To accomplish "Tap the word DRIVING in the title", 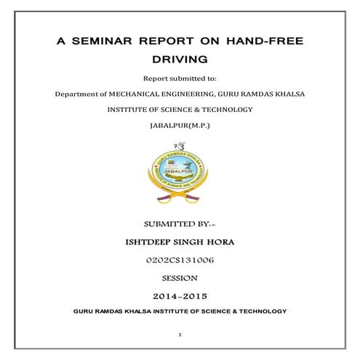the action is (180, 57).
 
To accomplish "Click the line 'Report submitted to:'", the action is (180, 77).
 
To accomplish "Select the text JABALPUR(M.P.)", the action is (180, 125).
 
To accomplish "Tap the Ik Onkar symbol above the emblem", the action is (180, 147).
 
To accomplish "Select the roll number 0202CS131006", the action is (180, 259).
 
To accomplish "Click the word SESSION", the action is (180, 277).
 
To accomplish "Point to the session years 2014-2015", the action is (180, 296).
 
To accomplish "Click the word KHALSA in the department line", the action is (288, 94).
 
